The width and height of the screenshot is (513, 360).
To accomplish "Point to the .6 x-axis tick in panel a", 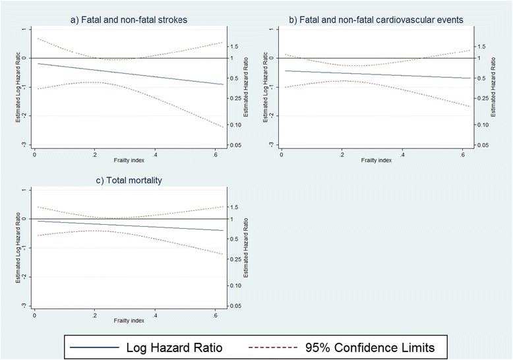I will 214,154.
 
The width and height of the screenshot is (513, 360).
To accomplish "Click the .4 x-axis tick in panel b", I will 402,154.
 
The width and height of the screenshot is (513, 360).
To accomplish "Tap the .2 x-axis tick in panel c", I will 94,315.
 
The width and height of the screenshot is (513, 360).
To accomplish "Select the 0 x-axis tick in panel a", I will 34,154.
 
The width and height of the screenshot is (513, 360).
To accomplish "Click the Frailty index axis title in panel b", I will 373,160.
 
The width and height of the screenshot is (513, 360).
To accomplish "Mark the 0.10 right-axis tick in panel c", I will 236,285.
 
